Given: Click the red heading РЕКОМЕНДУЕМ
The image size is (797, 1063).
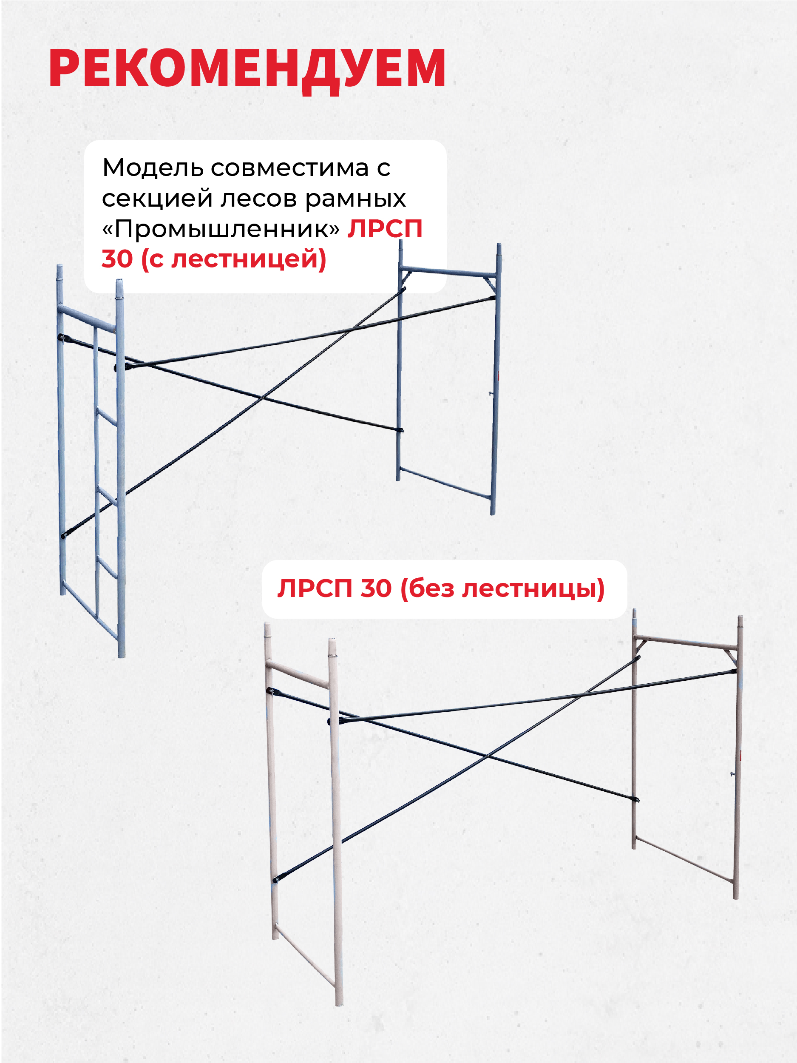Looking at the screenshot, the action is coord(247,69).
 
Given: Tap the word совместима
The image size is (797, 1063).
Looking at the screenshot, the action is coord(290,169).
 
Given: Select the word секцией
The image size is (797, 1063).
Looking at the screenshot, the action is coord(157,199).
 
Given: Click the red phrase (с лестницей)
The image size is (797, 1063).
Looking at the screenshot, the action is coord(233,259).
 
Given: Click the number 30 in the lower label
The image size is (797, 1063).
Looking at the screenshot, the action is coord(376,588).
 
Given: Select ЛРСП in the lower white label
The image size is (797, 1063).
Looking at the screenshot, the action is coord(315,588).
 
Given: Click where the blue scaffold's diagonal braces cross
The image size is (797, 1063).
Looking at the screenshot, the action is coord(263,398).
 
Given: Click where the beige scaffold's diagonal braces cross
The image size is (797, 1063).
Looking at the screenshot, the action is coord(487,756).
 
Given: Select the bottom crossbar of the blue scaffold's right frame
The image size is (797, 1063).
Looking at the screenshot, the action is coord(445,483).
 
